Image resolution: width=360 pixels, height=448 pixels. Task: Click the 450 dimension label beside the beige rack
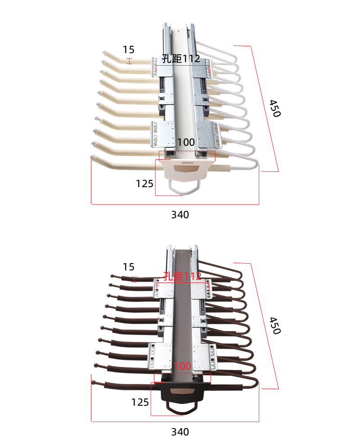(x=275, y=108)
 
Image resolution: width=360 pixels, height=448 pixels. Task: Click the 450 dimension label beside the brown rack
(x=275, y=325)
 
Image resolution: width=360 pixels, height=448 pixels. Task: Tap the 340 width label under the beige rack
(x=180, y=215)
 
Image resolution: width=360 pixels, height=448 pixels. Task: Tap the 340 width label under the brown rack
(x=180, y=432)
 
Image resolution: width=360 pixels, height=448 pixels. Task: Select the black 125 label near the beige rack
(x=144, y=184)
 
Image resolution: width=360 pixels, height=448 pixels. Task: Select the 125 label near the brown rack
(x=140, y=402)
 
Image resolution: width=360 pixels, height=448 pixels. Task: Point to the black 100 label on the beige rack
(x=186, y=142)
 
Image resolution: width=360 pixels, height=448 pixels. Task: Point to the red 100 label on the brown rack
(x=182, y=366)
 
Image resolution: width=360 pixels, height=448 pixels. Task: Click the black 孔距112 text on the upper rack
(x=181, y=58)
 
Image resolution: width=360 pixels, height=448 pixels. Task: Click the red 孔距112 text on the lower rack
(x=182, y=276)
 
